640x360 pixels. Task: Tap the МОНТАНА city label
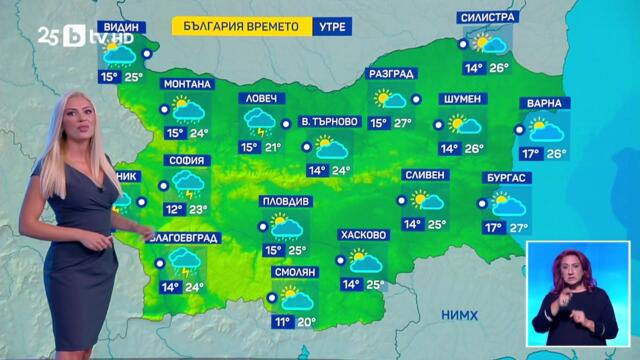pos(186,84)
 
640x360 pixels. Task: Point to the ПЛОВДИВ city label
pos(286,201)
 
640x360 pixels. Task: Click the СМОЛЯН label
pos(295,272)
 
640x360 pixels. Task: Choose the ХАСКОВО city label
pos(363,235)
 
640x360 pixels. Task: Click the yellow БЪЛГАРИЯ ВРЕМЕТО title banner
pos(241,28)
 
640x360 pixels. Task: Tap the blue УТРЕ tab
pos(329,28)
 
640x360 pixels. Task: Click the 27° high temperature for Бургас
pos(518,228)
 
